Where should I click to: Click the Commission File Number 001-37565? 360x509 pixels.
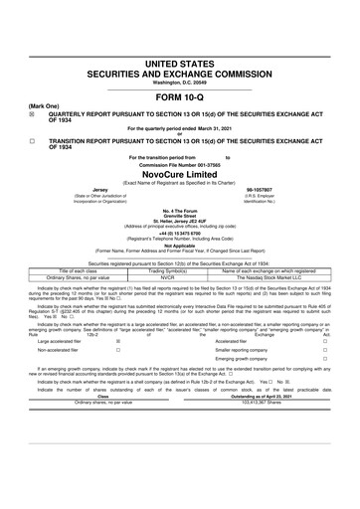click(x=179, y=161)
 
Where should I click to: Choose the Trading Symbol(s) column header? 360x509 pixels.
click(x=168, y=270)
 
